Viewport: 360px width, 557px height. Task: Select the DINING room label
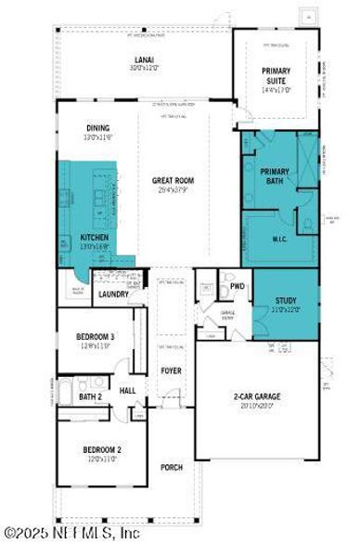click(x=98, y=131)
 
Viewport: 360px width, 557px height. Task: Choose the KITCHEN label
click(x=96, y=239)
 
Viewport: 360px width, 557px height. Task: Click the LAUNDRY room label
click(x=113, y=294)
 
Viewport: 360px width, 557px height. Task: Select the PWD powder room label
click(x=238, y=287)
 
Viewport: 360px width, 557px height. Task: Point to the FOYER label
click(x=170, y=370)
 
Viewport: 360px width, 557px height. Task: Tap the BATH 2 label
click(x=90, y=397)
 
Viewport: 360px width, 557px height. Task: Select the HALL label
click(x=128, y=391)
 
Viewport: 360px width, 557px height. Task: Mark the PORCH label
click(x=172, y=466)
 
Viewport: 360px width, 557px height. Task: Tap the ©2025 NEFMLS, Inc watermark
click(x=72, y=533)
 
